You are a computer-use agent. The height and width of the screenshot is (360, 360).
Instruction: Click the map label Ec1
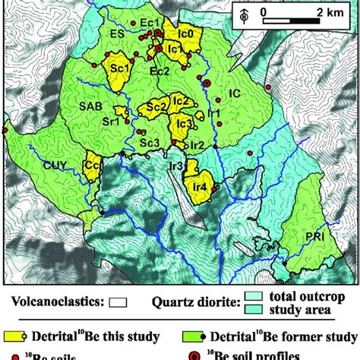(x=149, y=24)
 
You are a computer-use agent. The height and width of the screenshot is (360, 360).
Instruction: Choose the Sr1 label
(x=111, y=121)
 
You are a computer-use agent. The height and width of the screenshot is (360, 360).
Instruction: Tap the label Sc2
(x=156, y=108)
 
